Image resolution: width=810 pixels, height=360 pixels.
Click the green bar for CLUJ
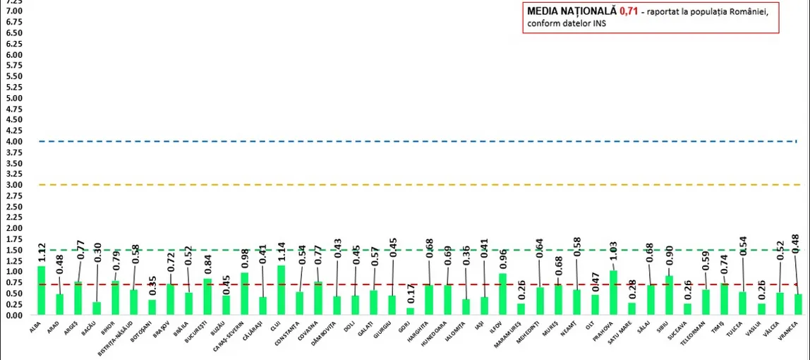[282, 290]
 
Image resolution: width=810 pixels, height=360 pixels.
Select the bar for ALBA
[42, 291]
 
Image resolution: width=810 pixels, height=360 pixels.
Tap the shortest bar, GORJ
[411, 311]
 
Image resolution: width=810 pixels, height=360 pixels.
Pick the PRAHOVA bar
[614, 293]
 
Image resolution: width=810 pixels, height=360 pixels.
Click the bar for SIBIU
[669, 296]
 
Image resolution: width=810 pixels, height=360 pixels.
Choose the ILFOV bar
[503, 294]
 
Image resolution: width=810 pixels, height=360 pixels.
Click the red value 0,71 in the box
[629, 11]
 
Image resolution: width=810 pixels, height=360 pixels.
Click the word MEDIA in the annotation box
[541, 11]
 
